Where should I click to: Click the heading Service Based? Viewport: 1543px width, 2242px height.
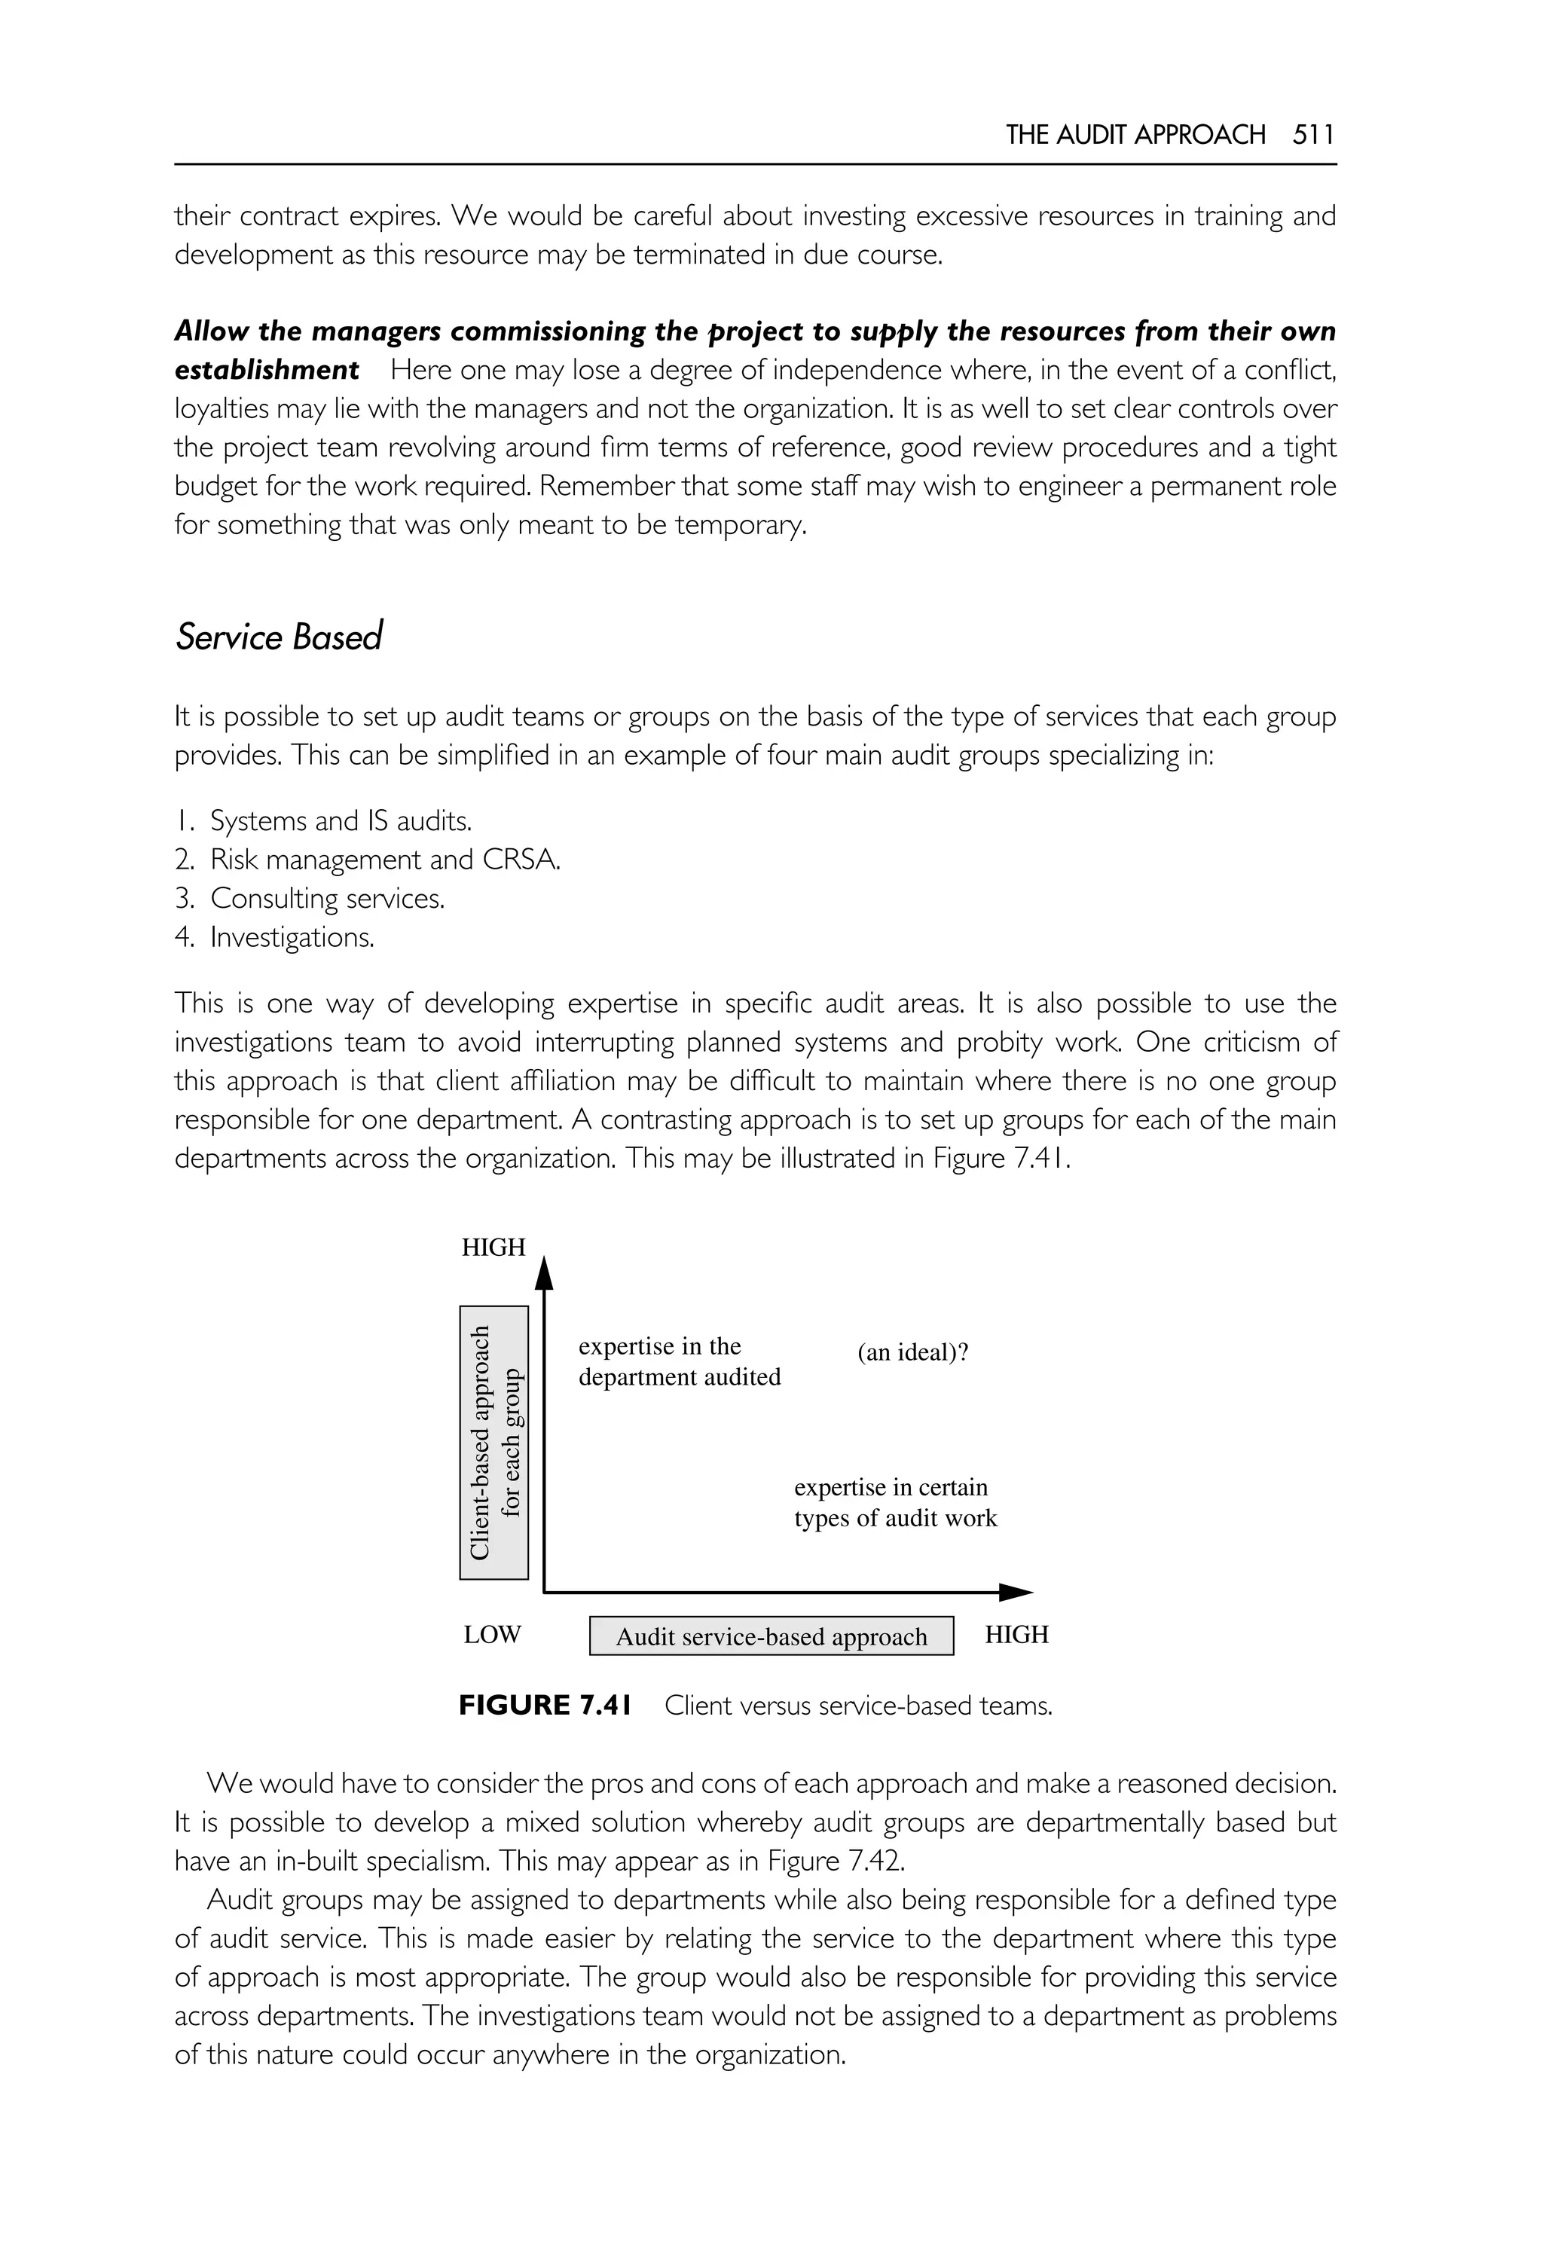pos(279,637)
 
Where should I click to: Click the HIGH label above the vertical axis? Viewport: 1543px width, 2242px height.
pos(493,1248)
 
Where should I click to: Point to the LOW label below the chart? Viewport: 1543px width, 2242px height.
pos(492,1635)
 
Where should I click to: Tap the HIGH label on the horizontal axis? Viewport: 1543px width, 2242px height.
pos(1016,1635)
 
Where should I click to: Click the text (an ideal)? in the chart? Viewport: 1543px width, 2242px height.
pos(912,1352)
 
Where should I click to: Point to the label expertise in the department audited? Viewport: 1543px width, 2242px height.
pos(679,1361)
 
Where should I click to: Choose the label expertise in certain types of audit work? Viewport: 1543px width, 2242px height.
pos(894,1502)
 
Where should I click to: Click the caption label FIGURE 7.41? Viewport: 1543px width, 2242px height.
pos(544,1706)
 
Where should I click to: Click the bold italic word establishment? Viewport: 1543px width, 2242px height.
pos(267,371)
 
